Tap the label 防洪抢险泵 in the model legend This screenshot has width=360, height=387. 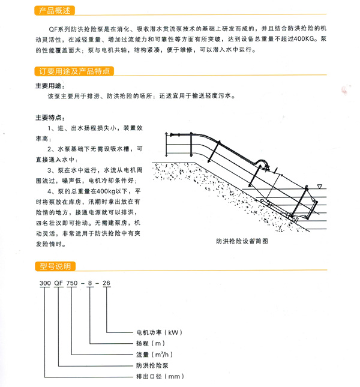(x=150, y=365)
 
